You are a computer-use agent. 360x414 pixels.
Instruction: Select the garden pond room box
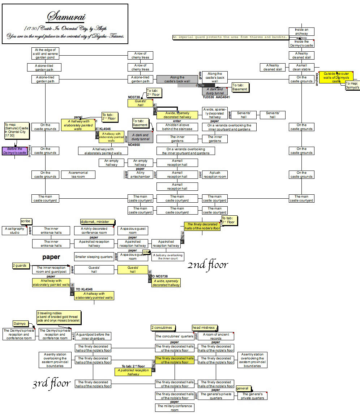coord(45,54)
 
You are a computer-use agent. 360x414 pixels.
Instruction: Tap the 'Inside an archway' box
coord(301,31)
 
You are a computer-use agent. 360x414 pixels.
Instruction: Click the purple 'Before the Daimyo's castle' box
coord(14,151)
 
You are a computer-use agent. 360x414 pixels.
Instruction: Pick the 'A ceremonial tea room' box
coord(79,174)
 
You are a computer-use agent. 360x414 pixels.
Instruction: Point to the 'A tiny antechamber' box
coord(140,174)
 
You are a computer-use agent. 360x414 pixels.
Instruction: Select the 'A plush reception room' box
coord(215,174)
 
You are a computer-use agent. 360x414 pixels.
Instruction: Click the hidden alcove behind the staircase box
coord(177,127)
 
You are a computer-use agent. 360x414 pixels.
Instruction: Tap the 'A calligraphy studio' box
coord(15,230)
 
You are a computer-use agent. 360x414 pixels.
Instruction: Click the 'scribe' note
coord(26,221)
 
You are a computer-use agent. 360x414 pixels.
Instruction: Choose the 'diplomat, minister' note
coord(97,221)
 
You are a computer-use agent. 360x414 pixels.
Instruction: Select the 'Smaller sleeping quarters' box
coord(94,257)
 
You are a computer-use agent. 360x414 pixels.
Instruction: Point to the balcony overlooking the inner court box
coord(168,257)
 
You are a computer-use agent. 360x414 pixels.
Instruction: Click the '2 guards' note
coord(21,266)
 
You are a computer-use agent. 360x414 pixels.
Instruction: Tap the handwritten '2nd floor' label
coord(208,265)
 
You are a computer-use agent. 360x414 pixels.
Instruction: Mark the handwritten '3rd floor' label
coord(51,383)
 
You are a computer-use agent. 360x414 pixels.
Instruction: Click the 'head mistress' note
coord(204,328)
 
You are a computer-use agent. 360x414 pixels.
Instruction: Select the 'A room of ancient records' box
coord(216,336)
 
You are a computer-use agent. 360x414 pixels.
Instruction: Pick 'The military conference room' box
coord(175,408)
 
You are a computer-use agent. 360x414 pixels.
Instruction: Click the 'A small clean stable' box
coord(301,67)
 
